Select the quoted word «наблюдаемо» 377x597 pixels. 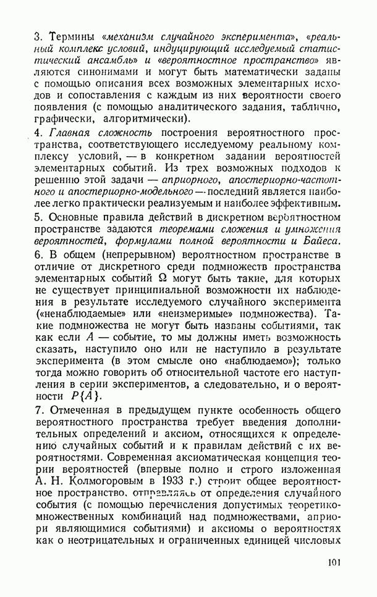click(x=243, y=361)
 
